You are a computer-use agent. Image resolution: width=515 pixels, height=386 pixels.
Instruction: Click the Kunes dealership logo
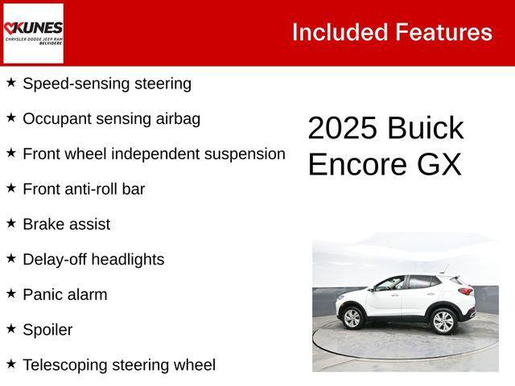point(33,33)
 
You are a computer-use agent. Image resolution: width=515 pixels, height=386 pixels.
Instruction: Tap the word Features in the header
point(443,32)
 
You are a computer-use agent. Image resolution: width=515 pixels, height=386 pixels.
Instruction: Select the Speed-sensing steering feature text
point(107,84)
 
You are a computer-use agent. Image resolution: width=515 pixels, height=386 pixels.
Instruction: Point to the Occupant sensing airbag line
point(112,119)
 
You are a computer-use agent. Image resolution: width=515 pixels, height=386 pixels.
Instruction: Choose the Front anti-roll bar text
point(84,189)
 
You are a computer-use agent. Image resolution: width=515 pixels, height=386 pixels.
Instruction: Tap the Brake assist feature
point(67,224)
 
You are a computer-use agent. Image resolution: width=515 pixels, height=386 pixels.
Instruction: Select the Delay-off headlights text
point(93,260)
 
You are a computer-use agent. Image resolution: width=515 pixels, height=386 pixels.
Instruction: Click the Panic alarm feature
point(65,294)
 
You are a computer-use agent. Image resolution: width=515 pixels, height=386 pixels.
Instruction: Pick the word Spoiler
point(47,330)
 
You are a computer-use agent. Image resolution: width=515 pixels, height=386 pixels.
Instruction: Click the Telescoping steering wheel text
point(119,365)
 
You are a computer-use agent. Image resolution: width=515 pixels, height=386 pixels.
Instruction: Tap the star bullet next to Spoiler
point(11,328)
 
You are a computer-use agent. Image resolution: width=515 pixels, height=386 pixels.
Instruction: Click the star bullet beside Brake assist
point(11,223)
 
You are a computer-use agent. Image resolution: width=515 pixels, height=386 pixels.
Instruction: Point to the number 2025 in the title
point(341,129)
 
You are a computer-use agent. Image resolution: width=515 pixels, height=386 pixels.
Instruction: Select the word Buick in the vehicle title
point(425,129)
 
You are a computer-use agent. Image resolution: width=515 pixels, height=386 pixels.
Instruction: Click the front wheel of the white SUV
point(352,318)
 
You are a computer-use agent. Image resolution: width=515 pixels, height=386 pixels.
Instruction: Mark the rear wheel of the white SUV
point(443,321)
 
